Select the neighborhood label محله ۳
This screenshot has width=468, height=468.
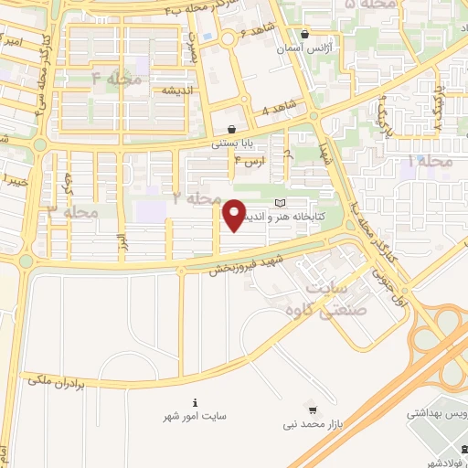pos(72,212)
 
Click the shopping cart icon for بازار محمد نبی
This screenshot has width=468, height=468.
pos(314,409)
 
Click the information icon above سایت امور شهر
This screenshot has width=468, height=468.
pos(196,402)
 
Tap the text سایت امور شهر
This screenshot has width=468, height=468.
pos(195,417)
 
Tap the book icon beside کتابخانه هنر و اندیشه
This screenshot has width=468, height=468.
pos(280,201)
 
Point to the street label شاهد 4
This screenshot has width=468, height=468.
pos(278,107)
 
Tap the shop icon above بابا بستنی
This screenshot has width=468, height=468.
pos(234,130)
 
